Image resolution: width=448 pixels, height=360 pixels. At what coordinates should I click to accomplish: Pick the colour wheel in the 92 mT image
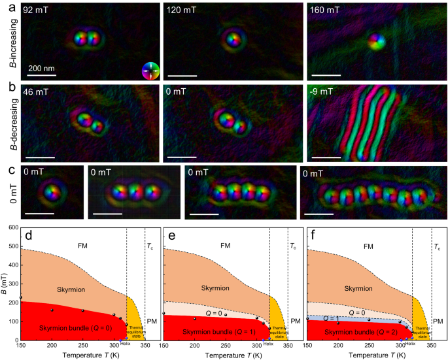point(150,71)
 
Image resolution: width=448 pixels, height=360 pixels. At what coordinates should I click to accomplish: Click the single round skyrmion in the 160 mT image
point(376,42)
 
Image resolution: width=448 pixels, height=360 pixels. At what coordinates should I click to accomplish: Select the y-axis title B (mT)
point(5,284)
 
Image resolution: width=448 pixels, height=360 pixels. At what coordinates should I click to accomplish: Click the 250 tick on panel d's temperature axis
point(82,346)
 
